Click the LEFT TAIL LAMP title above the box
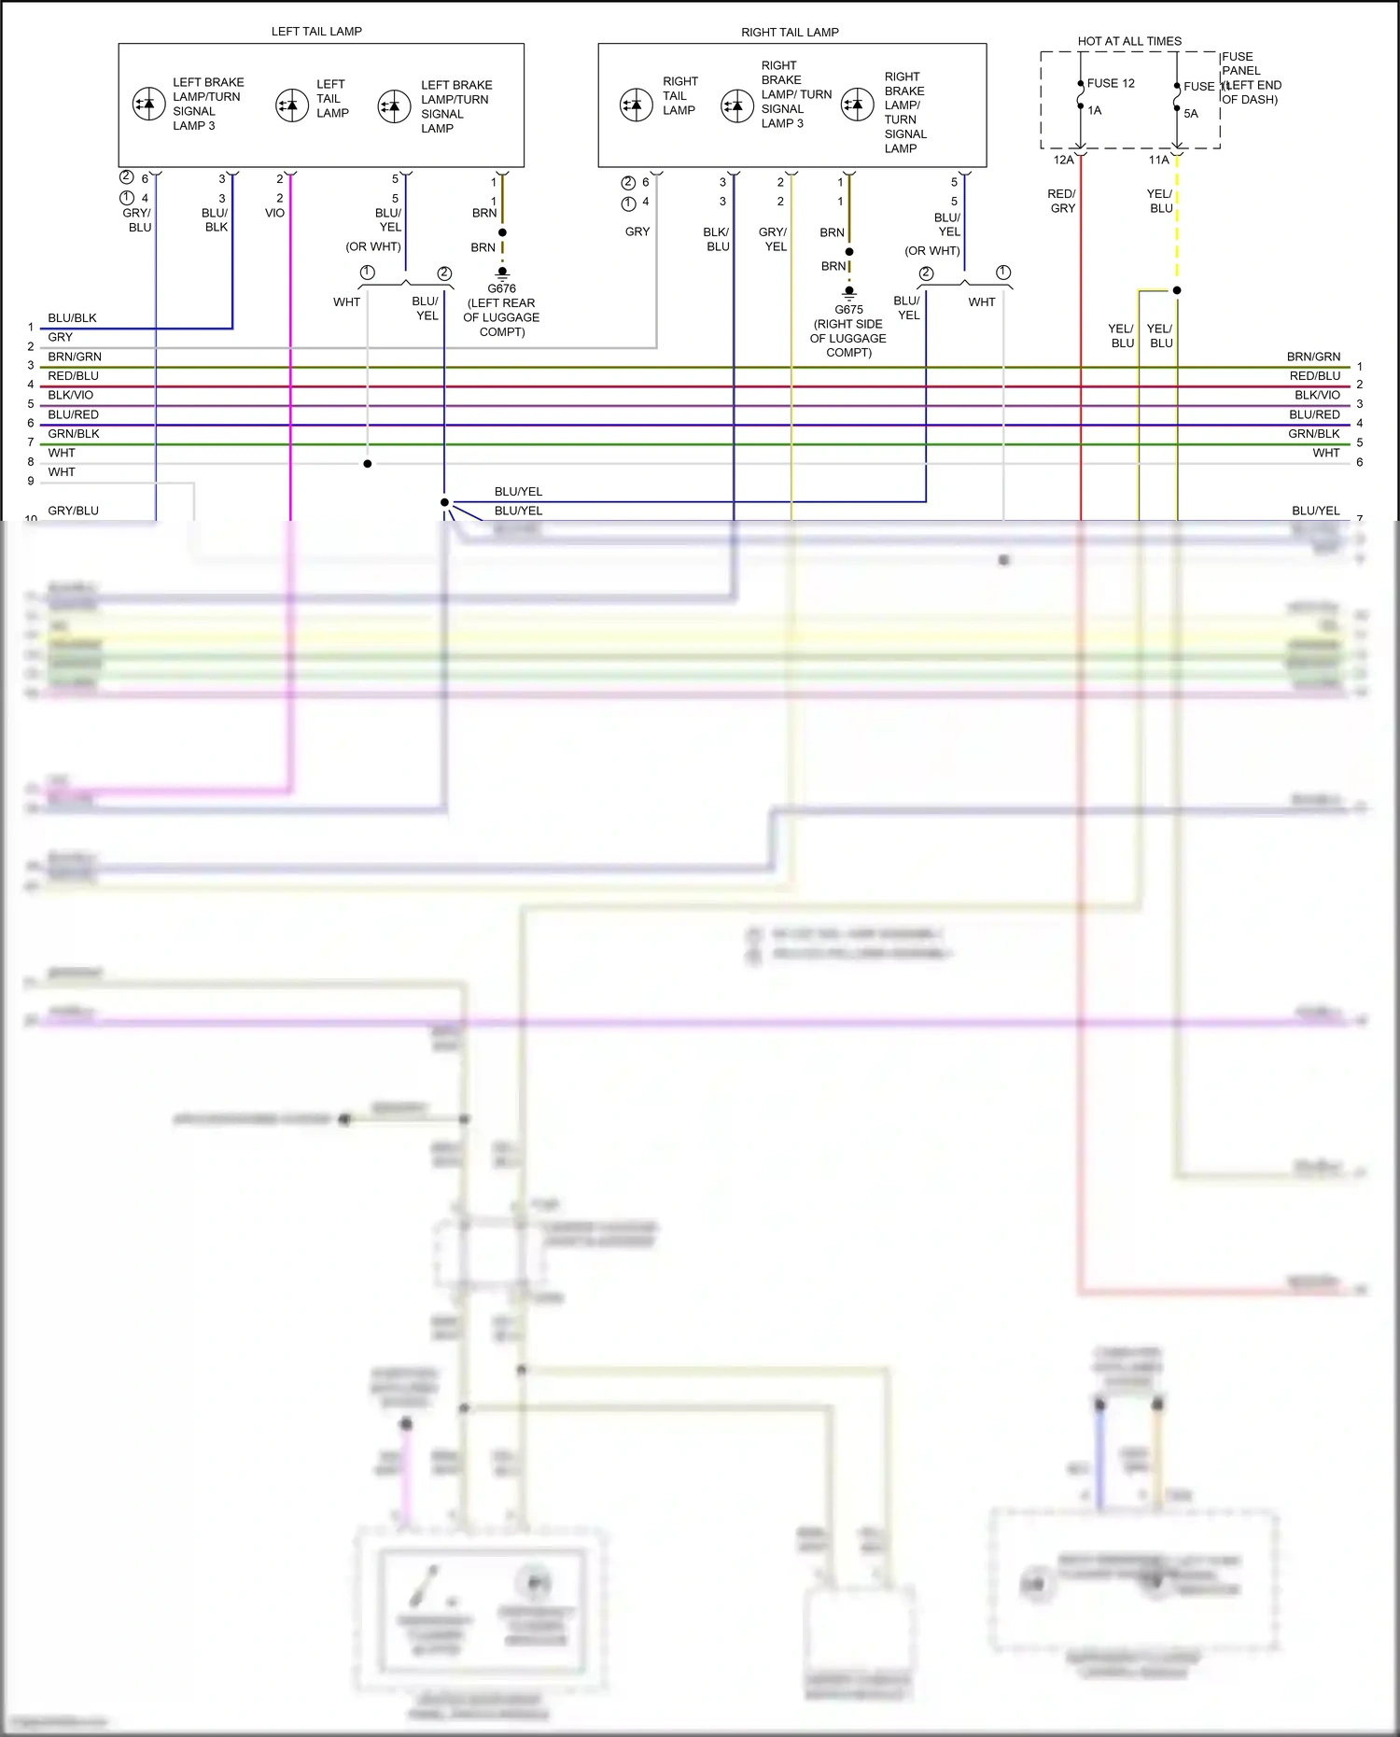[316, 31]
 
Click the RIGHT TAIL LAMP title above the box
[790, 32]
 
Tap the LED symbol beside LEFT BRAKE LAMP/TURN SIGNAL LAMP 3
[149, 104]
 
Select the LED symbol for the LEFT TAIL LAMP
[292, 105]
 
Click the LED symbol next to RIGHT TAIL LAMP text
[637, 105]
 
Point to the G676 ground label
[501, 288]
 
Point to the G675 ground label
[848, 309]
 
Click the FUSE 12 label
[1111, 83]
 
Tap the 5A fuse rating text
[1191, 114]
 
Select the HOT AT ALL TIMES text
[1129, 41]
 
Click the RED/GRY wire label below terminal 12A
[1062, 201]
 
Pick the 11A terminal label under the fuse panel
[1158, 160]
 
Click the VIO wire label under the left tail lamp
[274, 213]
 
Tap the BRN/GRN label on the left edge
[75, 357]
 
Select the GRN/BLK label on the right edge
[1313, 433]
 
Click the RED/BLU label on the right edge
[1314, 375]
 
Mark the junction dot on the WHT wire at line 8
[368, 464]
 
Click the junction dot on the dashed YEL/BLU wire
[1177, 290]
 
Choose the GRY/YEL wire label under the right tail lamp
[773, 239]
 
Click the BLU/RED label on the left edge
[73, 414]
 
